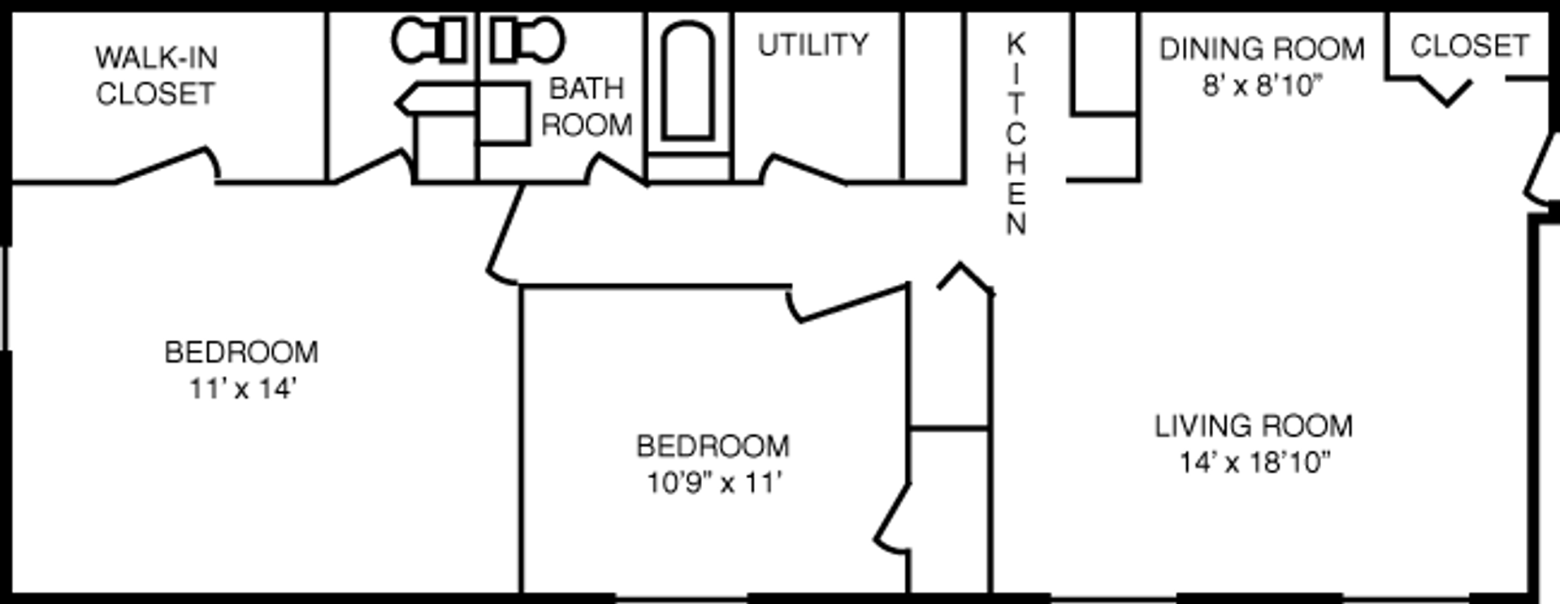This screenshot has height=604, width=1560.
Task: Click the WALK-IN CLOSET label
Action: pos(155,75)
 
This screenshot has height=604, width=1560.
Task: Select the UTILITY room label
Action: pos(812,45)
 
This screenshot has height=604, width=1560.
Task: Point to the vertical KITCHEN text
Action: pos(1016,134)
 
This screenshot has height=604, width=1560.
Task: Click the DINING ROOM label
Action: pos(1261,50)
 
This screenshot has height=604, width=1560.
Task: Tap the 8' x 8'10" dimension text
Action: pos(1262,85)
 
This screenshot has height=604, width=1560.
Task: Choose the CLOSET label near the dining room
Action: pos(1469,46)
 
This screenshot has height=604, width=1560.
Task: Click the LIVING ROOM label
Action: pos(1253,426)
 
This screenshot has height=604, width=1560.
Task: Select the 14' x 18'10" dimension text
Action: pos(1254,463)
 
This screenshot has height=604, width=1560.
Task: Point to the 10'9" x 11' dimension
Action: pos(713,483)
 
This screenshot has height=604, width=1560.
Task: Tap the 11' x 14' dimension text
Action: pos(241,389)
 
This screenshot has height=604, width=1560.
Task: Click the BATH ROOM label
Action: pos(586,106)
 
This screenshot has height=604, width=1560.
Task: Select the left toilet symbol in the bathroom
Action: pos(429,41)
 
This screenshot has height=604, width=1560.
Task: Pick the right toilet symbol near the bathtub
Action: pos(527,41)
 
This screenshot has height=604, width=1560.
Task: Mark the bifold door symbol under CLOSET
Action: pos(1446,90)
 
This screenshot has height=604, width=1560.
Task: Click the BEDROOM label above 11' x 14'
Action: pos(241,352)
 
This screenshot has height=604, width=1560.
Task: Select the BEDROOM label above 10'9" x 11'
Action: pos(713,447)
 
